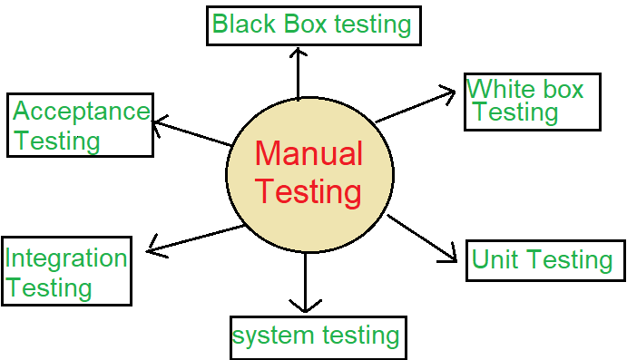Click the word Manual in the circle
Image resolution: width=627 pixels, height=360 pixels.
(x=309, y=154)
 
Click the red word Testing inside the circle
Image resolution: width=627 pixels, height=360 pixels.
(x=309, y=192)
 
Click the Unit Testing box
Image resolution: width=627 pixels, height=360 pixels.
(x=543, y=260)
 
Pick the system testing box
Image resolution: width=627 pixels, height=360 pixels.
(x=316, y=336)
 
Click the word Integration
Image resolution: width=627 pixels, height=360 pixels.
(x=65, y=258)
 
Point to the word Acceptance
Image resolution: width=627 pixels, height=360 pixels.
(x=81, y=112)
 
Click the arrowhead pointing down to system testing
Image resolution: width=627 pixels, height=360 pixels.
(x=306, y=304)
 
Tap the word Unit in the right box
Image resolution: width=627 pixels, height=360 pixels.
(x=495, y=260)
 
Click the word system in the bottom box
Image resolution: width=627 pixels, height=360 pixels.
(x=274, y=336)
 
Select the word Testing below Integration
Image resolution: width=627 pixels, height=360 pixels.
(x=50, y=288)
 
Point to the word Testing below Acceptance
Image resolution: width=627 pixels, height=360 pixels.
(x=56, y=141)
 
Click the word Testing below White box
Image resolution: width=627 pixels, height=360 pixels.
(x=514, y=112)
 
